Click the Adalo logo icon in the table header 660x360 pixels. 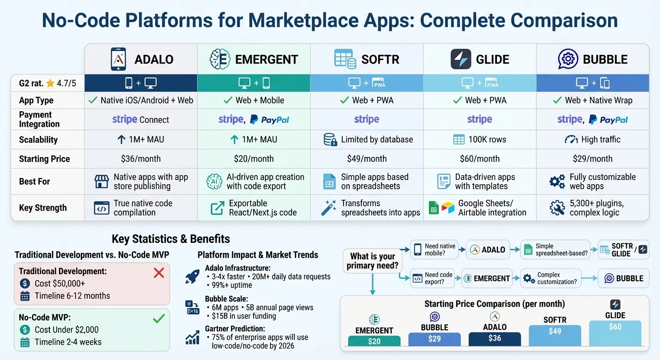pos(118,59)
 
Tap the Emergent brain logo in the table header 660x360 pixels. pos(218,59)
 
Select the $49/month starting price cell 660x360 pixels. pos(367,158)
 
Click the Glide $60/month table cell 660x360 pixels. pos(480,158)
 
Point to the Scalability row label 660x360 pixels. pos(38,140)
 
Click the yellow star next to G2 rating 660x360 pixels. pos(50,83)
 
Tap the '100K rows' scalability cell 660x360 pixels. pos(480,140)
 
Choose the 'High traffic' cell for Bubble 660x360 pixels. pos(592,140)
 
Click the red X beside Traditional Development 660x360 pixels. pos(159,273)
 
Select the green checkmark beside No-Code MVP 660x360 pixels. pos(159,319)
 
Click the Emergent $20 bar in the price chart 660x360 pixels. pos(374,341)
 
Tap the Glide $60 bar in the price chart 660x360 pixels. pos(615,333)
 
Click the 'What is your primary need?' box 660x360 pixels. pos(373,261)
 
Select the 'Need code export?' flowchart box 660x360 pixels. pos(432,278)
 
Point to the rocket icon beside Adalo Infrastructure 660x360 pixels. pos(192,277)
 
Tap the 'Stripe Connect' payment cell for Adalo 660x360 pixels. pos(141,120)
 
